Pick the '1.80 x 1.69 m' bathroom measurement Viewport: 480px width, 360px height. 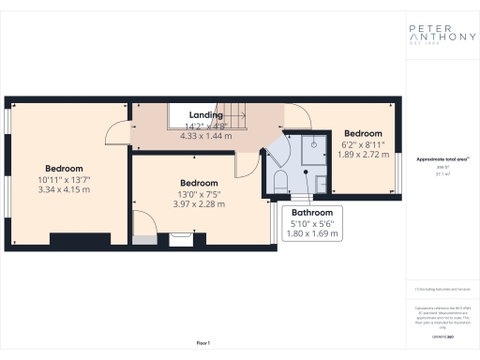(309, 234)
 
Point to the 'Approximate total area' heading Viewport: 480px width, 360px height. (436, 159)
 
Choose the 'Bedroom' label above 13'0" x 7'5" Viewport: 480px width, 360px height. (200, 183)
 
